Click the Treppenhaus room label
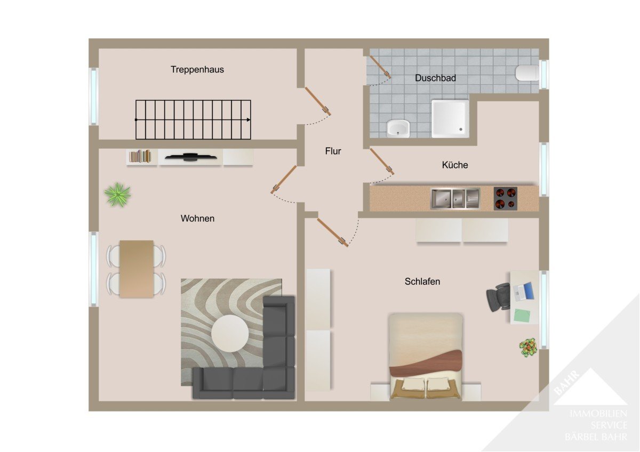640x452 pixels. tap(197, 70)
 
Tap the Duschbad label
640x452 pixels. tap(435, 78)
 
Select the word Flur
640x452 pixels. tap(333, 151)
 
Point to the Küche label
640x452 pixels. tap(455, 165)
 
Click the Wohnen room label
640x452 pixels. tap(197, 219)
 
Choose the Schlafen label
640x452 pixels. tap(422, 281)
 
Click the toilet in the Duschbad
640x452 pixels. tap(527, 73)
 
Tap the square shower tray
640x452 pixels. tap(450, 118)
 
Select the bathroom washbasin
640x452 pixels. tap(398, 128)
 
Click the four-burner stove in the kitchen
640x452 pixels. tap(506, 199)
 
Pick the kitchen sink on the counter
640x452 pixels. tap(455, 198)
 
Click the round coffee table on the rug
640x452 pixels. tap(230, 334)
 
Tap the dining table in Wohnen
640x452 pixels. tap(137, 269)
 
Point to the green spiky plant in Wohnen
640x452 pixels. tap(118, 195)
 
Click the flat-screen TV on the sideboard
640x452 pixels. tap(191, 157)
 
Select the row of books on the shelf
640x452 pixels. tap(140, 156)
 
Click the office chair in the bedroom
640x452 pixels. tap(498, 297)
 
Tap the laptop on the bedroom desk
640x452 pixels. tap(523, 292)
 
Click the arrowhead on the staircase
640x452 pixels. tap(249, 119)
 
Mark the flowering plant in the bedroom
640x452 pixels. tap(528, 348)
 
